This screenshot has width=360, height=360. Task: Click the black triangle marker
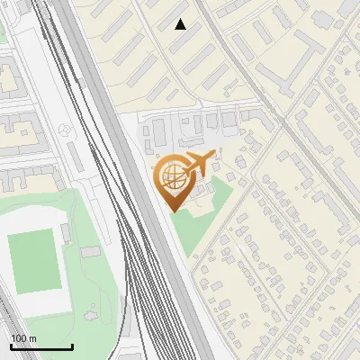(x=181, y=24)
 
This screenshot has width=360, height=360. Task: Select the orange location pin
(x=177, y=179)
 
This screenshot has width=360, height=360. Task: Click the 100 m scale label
(x=24, y=338)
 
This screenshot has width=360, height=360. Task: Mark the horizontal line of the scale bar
(x=41, y=347)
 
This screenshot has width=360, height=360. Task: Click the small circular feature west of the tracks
(x=64, y=130)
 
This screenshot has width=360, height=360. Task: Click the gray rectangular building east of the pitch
(x=88, y=253)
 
